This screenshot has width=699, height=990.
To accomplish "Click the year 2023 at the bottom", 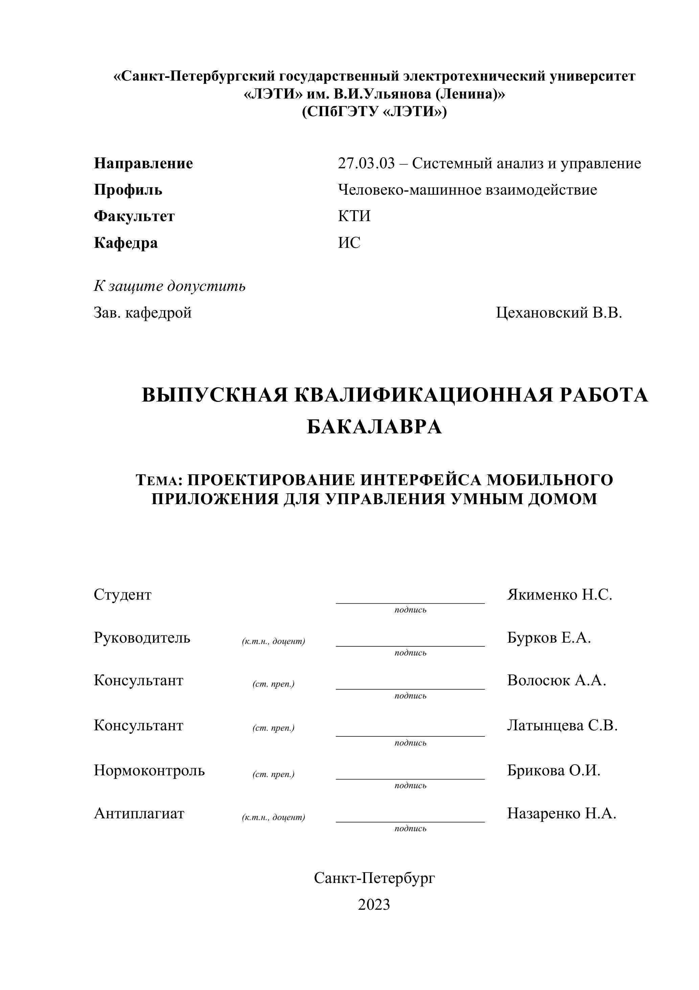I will click(x=374, y=904).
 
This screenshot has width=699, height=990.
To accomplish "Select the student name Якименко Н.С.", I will click(x=559, y=595).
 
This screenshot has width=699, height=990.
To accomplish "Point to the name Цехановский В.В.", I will click(x=559, y=313).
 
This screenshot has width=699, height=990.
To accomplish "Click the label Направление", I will click(x=143, y=164).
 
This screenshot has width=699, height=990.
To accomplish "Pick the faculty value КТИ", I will click(x=354, y=216).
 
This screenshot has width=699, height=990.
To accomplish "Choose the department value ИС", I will click(x=349, y=243).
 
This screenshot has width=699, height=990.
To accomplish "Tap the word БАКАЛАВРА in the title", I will click(x=374, y=427).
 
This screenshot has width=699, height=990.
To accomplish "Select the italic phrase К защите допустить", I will click(x=170, y=286).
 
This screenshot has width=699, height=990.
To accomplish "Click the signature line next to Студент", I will click(x=410, y=602).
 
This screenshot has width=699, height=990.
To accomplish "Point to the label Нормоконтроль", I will click(x=149, y=770).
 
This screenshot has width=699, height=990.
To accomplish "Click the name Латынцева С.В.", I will click(x=562, y=725).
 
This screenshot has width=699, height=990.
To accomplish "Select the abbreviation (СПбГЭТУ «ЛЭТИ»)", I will click(x=374, y=112).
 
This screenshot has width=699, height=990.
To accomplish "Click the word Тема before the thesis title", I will click(x=157, y=480).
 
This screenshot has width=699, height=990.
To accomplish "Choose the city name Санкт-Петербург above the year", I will click(x=374, y=878).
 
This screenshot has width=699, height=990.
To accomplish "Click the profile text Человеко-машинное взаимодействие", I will click(x=468, y=190).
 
